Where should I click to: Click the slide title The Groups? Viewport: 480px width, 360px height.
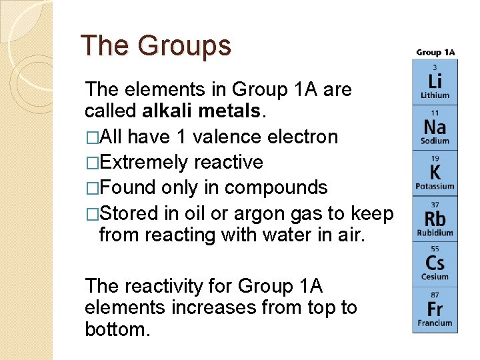(x=155, y=46)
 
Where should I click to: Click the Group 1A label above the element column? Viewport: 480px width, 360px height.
(x=435, y=52)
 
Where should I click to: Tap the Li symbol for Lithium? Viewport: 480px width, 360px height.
(x=435, y=81)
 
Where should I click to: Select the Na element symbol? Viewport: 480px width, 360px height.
(x=435, y=126)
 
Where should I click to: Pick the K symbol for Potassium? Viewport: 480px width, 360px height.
(x=435, y=171)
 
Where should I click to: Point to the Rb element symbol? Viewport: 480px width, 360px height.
(x=435, y=218)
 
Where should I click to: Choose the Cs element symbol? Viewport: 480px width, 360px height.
(x=435, y=263)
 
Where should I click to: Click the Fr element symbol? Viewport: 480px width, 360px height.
(x=435, y=309)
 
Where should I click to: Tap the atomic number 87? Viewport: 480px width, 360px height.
(x=435, y=294)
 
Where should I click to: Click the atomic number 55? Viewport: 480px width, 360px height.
(x=435, y=248)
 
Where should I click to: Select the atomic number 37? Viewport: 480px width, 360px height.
(x=435, y=204)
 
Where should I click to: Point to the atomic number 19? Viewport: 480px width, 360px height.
(x=435, y=159)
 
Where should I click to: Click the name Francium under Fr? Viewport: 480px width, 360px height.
(x=435, y=323)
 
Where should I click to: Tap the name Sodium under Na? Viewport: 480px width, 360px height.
(x=435, y=141)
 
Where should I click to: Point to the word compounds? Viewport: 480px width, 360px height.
(x=276, y=187)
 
